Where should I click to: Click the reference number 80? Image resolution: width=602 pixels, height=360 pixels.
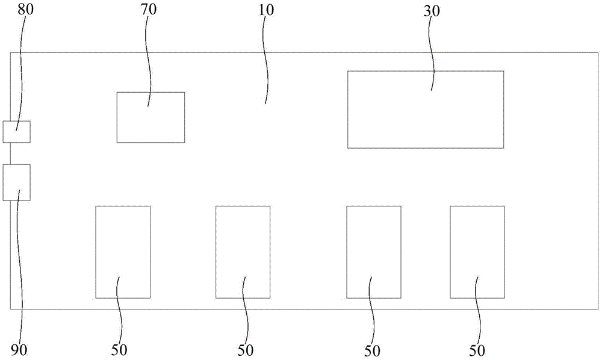point(18,11)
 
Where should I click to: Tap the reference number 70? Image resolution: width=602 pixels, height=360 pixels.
point(151,11)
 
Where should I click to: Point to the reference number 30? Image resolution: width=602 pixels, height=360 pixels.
point(432,11)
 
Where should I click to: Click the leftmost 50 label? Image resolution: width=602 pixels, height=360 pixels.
point(120,350)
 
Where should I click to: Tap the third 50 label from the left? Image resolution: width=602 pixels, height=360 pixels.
point(372,350)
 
